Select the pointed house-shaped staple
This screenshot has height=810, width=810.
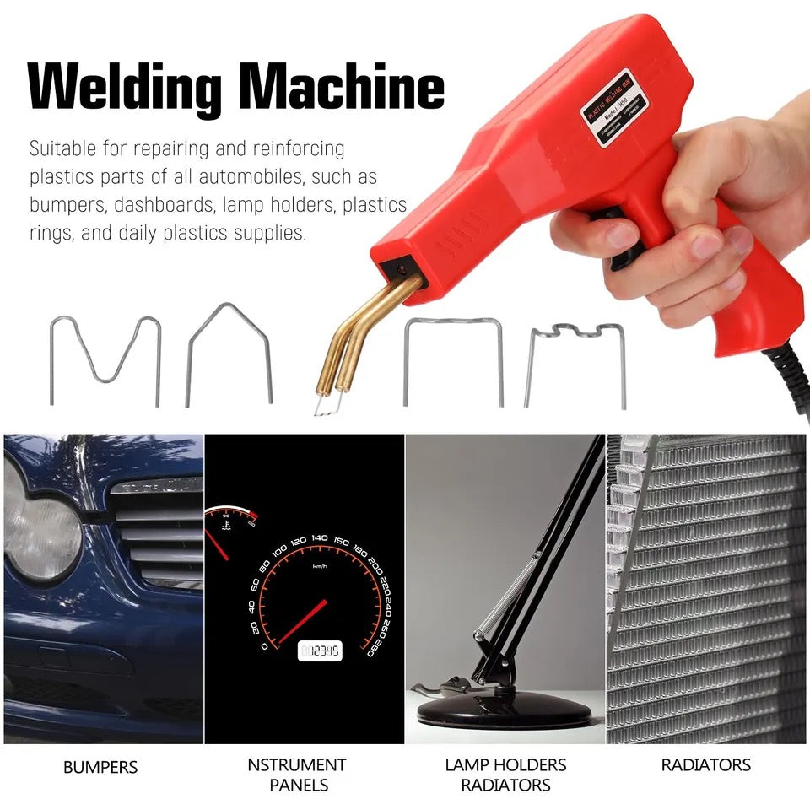click(x=229, y=350)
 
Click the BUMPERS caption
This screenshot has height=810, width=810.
click(x=100, y=768)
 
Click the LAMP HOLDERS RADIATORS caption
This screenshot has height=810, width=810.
click(x=506, y=775)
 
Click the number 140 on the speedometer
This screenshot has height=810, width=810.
click(x=319, y=537)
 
